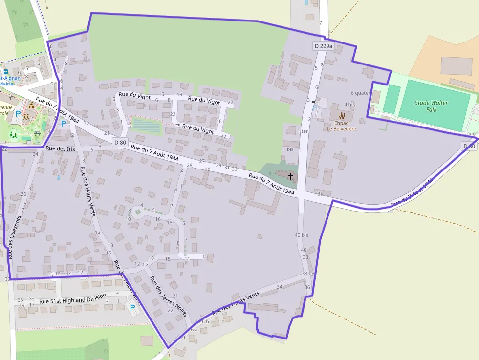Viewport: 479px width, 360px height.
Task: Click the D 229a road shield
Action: tap(323, 46)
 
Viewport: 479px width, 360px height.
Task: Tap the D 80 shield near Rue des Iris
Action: tap(120, 142)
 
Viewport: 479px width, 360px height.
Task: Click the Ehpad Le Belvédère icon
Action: tap(341, 116)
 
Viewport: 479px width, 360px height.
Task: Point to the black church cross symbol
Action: tap(291, 176)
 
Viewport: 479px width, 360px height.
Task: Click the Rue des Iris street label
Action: tap(60, 148)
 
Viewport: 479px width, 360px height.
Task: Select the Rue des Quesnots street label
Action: tap(15, 237)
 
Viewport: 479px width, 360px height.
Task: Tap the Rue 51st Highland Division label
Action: tap(72, 301)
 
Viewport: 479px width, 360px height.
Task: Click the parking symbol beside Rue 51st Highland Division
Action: tap(131, 307)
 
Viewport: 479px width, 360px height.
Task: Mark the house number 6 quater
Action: tap(360, 93)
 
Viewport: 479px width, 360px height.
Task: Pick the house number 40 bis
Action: tap(301, 235)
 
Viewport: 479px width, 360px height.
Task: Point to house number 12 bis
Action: tap(141, 264)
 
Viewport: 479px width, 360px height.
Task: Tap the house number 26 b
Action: tap(204, 321)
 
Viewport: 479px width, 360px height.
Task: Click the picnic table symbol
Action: tap(38, 133)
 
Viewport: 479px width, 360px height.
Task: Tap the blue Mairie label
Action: tap(6, 83)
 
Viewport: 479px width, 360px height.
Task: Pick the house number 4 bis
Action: tap(349, 105)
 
